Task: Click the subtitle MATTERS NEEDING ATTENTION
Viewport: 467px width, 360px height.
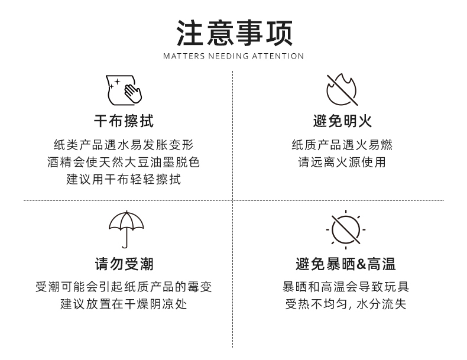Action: (x=234, y=56)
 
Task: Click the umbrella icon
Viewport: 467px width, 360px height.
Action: (x=125, y=228)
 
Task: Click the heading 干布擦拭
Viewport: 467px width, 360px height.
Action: (x=124, y=122)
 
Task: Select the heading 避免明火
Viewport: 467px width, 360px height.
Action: (x=342, y=122)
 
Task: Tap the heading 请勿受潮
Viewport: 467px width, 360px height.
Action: (x=124, y=264)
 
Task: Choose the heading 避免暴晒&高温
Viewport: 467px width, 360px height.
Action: (x=346, y=264)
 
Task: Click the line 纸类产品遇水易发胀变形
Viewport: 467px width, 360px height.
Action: (x=124, y=145)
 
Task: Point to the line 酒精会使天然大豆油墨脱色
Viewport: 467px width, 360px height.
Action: (x=124, y=162)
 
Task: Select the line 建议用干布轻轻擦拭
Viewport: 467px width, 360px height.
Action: (x=124, y=179)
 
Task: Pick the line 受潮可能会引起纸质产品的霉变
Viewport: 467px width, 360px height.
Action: (x=124, y=287)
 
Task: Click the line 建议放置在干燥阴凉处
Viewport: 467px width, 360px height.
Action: (x=124, y=304)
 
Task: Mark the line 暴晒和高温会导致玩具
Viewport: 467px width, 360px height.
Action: (x=346, y=287)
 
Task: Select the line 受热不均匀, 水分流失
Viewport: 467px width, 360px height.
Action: (x=346, y=304)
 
